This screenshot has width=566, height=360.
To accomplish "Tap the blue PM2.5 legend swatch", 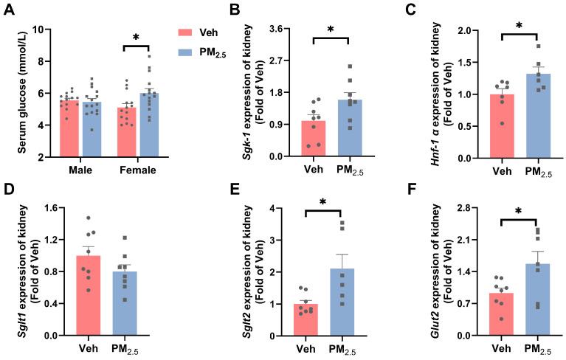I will click(x=188, y=52).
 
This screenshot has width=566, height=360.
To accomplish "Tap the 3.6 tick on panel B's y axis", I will click(x=286, y=30).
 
